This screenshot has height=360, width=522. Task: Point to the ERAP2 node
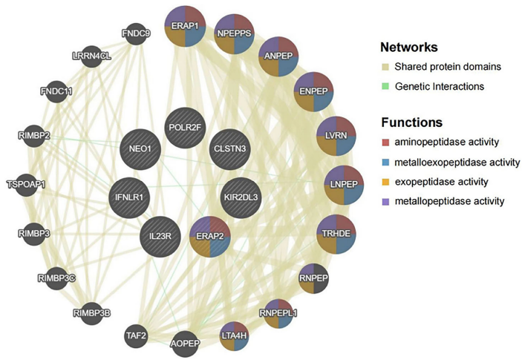(x=209, y=238)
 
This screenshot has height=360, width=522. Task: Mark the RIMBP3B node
(x=93, y=312)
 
